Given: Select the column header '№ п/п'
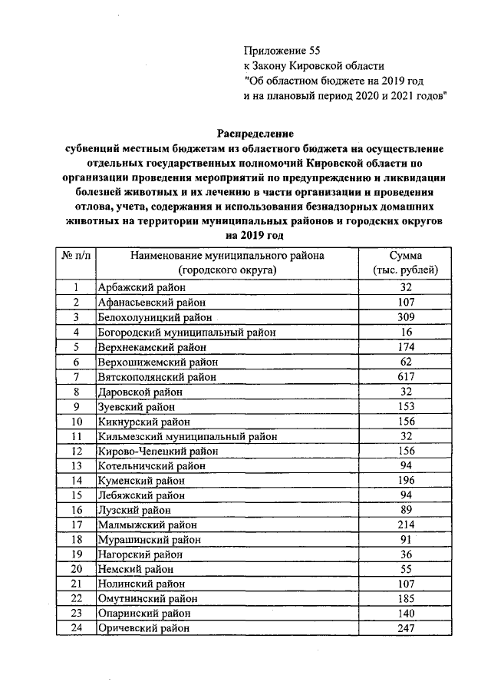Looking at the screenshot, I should coord(76,256).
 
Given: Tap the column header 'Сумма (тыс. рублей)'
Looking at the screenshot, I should coord(406,263).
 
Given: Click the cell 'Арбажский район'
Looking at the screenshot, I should coord(135,288).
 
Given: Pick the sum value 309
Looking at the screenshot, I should coord(406,317).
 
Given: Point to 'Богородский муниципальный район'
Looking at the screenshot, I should coord(187,333).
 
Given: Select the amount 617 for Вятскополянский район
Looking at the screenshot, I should coord(406,377).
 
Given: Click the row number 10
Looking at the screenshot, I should coord(76,422).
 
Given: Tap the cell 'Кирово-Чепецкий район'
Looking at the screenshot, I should coord(153,452).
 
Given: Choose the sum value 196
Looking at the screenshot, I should coord(406,482).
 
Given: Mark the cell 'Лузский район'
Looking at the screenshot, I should coord(129,511).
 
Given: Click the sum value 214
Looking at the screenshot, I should coord(406,526).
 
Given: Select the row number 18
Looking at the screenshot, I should coord(76,541).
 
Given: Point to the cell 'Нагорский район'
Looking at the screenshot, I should coord(134,555).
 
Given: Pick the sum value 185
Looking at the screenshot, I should coord(406,600).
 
